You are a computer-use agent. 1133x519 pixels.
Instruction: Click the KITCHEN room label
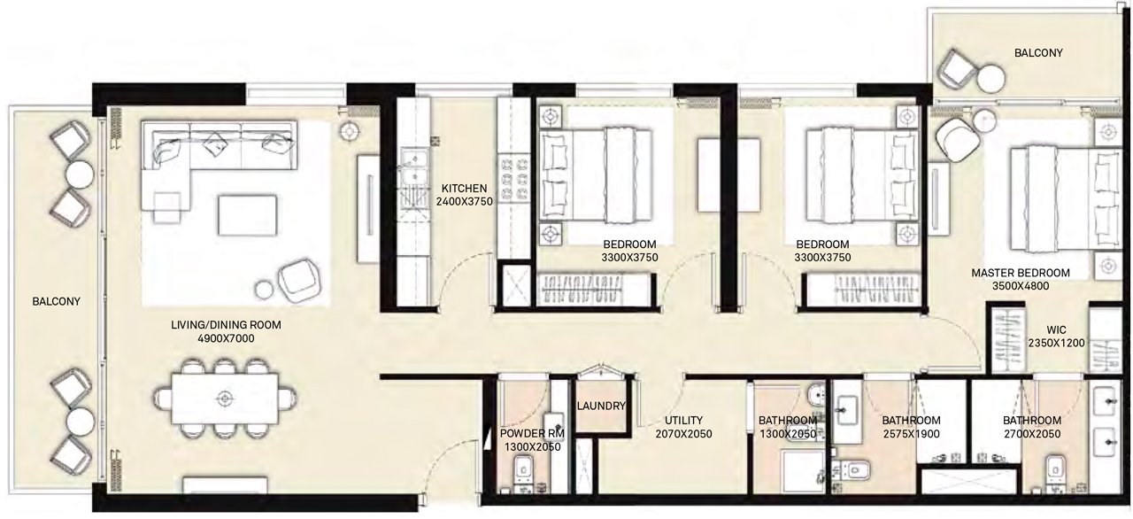(464, 189)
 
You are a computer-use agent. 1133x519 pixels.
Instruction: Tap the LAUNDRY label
(601, 406)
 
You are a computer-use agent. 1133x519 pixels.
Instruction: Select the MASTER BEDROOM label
(1021, 273)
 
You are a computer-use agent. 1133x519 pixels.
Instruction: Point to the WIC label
(1056, 329)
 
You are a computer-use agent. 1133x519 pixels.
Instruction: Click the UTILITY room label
(683, 421)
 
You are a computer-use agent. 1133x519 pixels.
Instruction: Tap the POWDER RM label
(532, 433)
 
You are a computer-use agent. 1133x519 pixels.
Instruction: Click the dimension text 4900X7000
(226, 338)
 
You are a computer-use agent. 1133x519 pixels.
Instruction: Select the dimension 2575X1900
(911, 434)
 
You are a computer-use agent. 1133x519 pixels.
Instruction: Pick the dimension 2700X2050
(1032, 434)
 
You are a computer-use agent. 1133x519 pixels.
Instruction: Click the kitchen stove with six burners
(514, 179)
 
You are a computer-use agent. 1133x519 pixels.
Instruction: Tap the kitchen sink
(413, 166)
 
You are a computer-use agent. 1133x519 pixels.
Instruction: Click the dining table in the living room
(225, 399)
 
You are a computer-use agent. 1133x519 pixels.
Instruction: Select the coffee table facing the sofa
(247, 215)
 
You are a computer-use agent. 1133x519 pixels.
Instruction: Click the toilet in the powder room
(523, 471)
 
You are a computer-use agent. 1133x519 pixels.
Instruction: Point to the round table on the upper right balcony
(990, 80)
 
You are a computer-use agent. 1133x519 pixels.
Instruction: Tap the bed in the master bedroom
(1067, 198)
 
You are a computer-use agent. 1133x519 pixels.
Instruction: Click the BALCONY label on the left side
(56, 301)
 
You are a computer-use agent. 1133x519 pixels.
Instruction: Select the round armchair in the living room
(299, 280)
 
